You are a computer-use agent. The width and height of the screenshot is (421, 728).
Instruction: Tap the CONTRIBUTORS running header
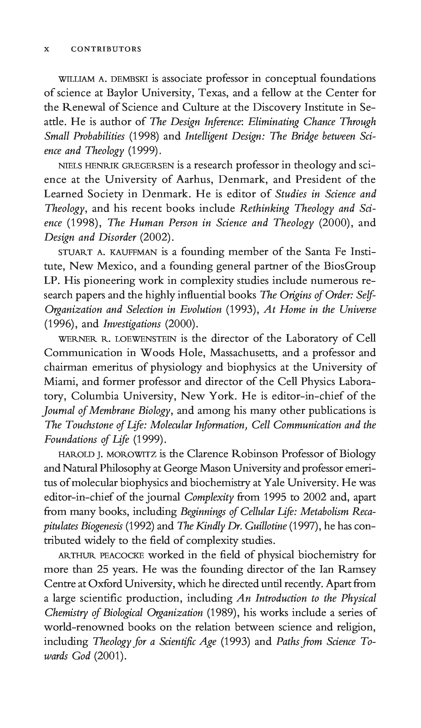pos(106,49)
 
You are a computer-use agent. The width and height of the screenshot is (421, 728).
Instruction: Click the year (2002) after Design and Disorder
pos(157,237)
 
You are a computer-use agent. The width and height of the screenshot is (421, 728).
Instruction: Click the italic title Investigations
pos(132,324)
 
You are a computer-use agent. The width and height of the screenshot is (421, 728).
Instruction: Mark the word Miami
pos(60,382)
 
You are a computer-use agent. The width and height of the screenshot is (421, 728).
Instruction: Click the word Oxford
pos(105,584)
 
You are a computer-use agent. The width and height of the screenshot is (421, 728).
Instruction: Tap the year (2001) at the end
pos(110,656)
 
